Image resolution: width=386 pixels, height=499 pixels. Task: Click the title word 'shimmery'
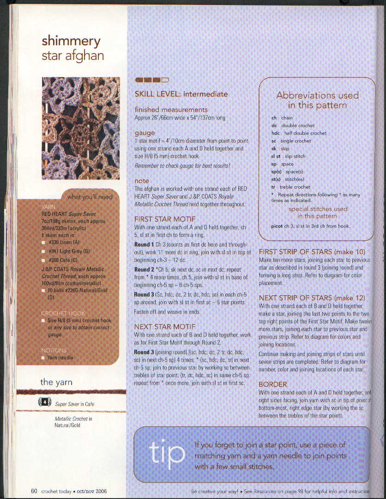pyautogui.click(x=71, y=41)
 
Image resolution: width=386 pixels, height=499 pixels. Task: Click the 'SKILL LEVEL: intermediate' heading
pyautogui.click(x=181, y=94)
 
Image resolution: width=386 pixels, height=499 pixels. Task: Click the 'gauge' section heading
pyautogui.click(x=145, y=133)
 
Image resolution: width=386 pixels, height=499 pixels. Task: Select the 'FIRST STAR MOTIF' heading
pyautogui.click(x=165, y=219)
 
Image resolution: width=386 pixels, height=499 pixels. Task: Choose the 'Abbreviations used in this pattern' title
pyautogui.click(x=317, y=100)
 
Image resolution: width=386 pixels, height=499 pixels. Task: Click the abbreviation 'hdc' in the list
pyautogui.click(x=276, y=133)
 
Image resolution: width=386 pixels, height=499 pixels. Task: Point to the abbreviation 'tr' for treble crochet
pyautogui.click(x=273, y=187)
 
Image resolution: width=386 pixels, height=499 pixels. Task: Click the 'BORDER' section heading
pyautogui.click(x=273, y=384)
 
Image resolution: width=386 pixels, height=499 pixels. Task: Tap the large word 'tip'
pyautogui.click(x=167, y=453)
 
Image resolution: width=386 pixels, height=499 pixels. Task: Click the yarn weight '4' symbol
pyautogui.click(x=44, y=403)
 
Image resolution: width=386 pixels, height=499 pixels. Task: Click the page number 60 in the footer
pyautogui.click(x=34, y=491)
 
